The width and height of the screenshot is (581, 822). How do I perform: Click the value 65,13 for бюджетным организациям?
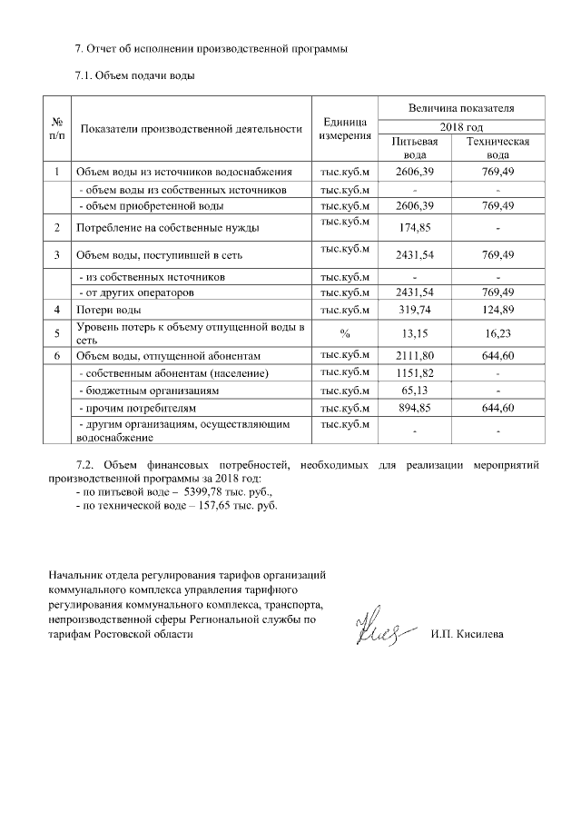click(x=414, y=391)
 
